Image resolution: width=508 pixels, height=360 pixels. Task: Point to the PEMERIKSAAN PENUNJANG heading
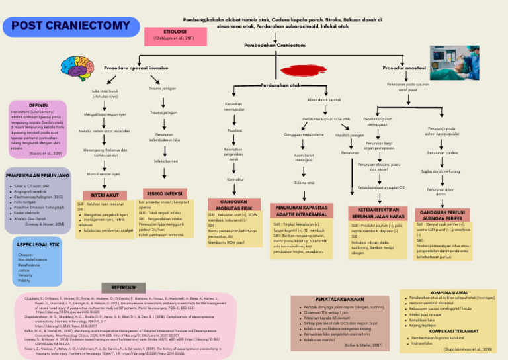(x=38, y=177)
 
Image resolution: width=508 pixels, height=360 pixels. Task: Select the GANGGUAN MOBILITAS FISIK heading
(x=233, y=204)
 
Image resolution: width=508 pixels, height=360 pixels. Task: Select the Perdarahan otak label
(x=280, y=85)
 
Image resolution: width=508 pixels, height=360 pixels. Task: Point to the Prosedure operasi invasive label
(x=135, y=67)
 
